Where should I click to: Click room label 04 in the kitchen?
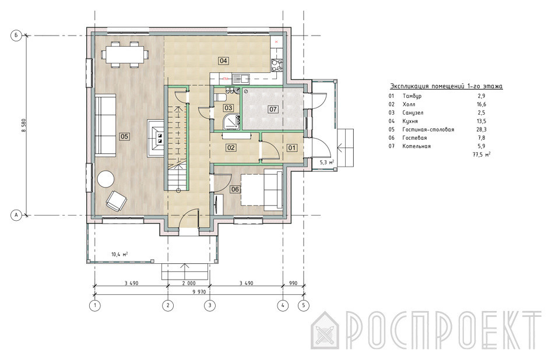[x=224, y=61]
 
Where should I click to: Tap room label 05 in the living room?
[x=124, y=136]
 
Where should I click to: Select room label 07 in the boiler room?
[x=273, y=109]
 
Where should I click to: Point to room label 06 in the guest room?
[x=235, y=189]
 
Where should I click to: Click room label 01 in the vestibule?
[x=292, y=148]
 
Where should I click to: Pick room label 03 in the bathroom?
[x=228, y=108]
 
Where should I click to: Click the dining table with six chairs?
[x=125, y=54]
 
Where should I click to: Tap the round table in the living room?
[x=106, y=179]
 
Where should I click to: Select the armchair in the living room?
[x=116, y=200]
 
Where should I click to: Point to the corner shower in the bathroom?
[x=231, y=121]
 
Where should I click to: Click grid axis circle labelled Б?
[x=16, y=36]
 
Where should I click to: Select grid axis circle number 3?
[x=210, y=305]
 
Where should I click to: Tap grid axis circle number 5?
[x=304, y=305]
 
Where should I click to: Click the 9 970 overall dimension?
[x=199, y=291]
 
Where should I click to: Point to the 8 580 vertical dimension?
[x=24, y=125]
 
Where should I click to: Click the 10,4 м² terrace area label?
[x=119, y=254]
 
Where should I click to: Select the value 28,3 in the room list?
[x=481, y=129]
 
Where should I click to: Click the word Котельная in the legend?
[x=416, y=146]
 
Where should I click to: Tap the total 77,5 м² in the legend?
[x=481, y=154]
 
